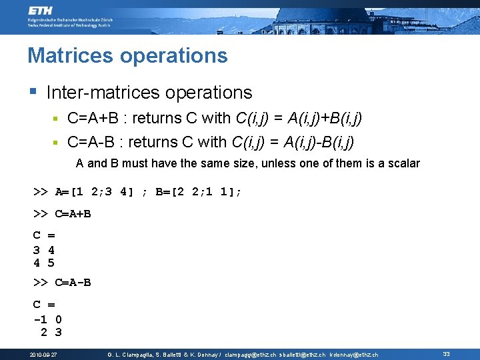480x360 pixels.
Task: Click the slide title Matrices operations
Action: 127,55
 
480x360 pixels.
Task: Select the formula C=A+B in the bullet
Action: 93,119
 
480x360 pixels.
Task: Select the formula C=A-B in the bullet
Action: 91,143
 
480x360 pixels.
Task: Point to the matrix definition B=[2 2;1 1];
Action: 199,192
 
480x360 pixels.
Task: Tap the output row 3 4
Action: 44,250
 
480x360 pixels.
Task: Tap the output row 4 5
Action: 44,263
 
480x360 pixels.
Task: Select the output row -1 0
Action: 47,319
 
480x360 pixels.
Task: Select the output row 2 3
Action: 51,332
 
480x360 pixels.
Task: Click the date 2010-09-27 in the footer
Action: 43,355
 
